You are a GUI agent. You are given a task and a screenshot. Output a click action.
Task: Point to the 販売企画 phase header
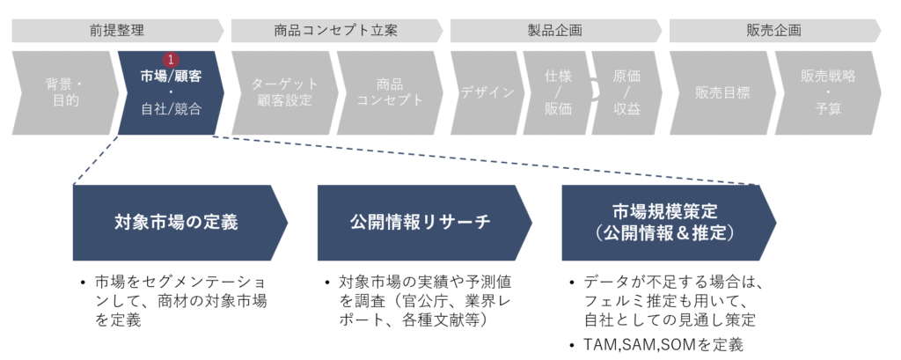coord(773,30)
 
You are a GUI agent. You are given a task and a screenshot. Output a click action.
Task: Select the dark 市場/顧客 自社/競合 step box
coord(170,92)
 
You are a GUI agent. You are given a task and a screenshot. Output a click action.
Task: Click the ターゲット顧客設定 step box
coord(282,92)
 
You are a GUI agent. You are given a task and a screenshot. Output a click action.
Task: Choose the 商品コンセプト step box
coord(387,92)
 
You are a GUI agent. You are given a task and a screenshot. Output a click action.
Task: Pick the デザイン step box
coord(487,92)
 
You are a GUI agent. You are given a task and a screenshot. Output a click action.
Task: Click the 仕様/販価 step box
coord(555,92)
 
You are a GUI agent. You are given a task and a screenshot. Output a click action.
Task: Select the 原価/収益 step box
coord(626,92)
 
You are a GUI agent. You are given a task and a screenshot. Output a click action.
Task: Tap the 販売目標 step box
coord(720,92)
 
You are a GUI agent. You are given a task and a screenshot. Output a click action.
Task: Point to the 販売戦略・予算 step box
coord(827,92)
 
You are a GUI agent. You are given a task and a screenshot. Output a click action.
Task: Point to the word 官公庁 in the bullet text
coord(421,302)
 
